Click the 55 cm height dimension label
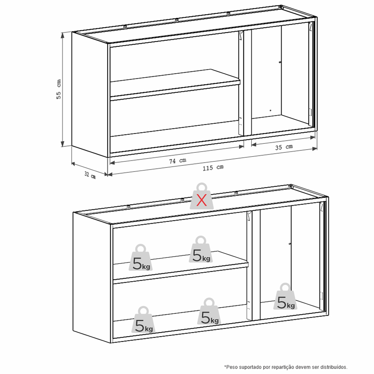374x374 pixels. click(59, 89)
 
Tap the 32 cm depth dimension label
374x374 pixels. click(90, 175)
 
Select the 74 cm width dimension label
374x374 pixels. click(178, 161)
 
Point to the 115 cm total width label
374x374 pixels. click(213, 168)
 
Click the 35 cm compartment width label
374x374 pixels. click(284, 147)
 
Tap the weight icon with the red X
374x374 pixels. click(202, 196)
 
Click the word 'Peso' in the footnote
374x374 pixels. click(231, 367)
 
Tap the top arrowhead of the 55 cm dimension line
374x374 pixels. click(62, 35)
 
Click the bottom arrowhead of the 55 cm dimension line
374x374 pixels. click(62, 144)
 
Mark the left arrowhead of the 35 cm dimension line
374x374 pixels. click(254, 144)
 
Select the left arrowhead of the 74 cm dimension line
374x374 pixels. click(112, 163)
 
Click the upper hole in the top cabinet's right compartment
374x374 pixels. click(280, 62)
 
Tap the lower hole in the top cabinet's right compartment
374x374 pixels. click(270, 110)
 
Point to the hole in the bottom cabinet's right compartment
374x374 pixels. click(290, 244)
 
